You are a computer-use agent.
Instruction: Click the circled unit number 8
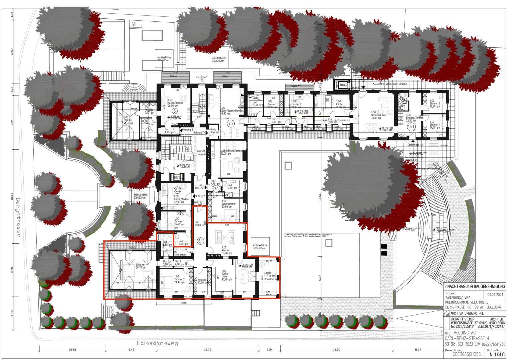[174, 111]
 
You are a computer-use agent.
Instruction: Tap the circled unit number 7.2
[231, 124]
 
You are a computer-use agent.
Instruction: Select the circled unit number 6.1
[200, 241]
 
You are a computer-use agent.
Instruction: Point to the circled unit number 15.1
[411, 127]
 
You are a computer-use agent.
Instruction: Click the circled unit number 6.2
[177, 190]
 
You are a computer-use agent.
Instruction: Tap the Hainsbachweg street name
[157, 343]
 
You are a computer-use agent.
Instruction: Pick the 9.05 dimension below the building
[183, 303]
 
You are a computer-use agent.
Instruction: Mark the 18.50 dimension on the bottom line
[336, 350]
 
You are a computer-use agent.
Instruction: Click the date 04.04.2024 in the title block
[494, 295]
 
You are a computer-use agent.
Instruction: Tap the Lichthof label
[201, 77]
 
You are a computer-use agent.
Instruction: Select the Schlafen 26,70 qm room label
[141, 266]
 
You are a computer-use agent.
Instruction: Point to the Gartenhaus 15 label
[415, 145]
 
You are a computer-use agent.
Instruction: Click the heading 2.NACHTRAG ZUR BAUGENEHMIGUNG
[475, 286]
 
